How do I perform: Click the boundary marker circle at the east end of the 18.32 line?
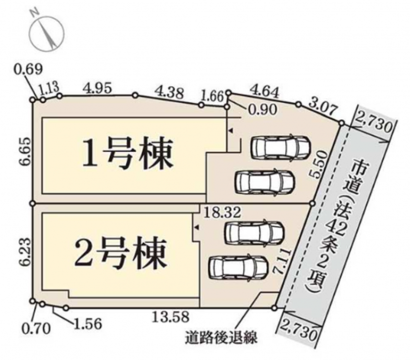click(312, 203)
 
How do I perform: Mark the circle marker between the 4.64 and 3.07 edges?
click(298, 105)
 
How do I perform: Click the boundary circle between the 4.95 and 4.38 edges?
click(135, 96)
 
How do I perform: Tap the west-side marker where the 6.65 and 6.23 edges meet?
click(33, 203)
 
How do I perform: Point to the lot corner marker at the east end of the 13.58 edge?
click(274, 308)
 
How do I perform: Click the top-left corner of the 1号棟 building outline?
click(42, 118)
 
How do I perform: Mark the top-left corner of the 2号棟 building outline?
click(42, 214)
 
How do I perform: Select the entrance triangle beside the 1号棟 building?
click(230, 130)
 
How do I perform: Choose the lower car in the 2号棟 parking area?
click(238, 268)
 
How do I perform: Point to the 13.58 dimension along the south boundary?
click(171, 317)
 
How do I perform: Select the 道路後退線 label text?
click(221, 337)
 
